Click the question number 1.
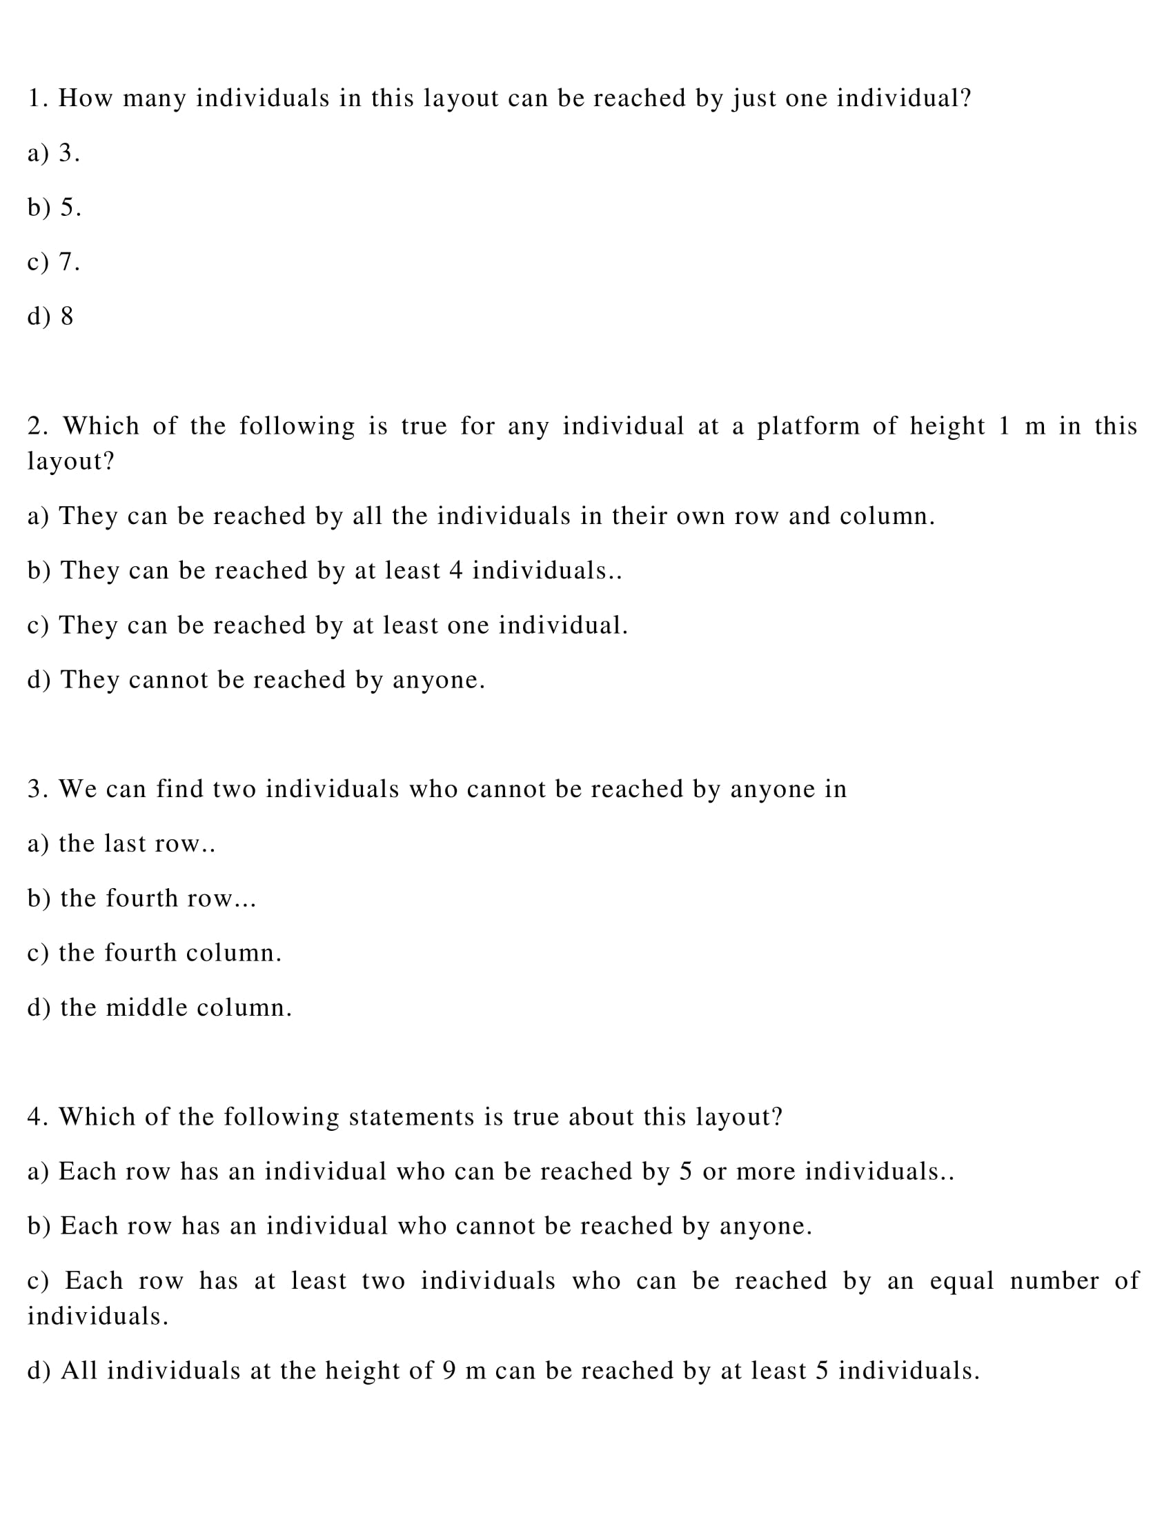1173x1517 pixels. coord(37,99)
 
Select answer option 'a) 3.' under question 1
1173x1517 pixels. coord(54,153)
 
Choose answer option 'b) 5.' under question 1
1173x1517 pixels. coord(55,208)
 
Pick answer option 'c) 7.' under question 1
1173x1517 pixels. coord(54,262)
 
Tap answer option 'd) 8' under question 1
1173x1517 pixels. coord(50,317)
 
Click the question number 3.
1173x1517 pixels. coord(37,790)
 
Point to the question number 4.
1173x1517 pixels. coord(37,1118)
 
